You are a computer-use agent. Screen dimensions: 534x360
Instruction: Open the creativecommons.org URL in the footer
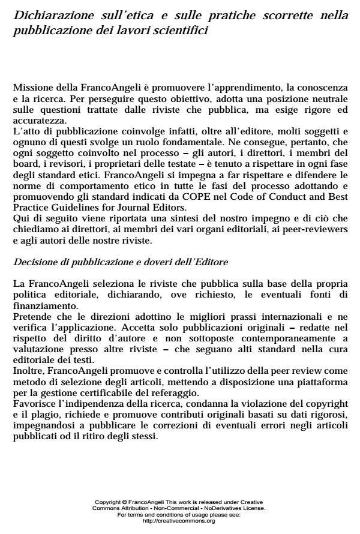point(179,521)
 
